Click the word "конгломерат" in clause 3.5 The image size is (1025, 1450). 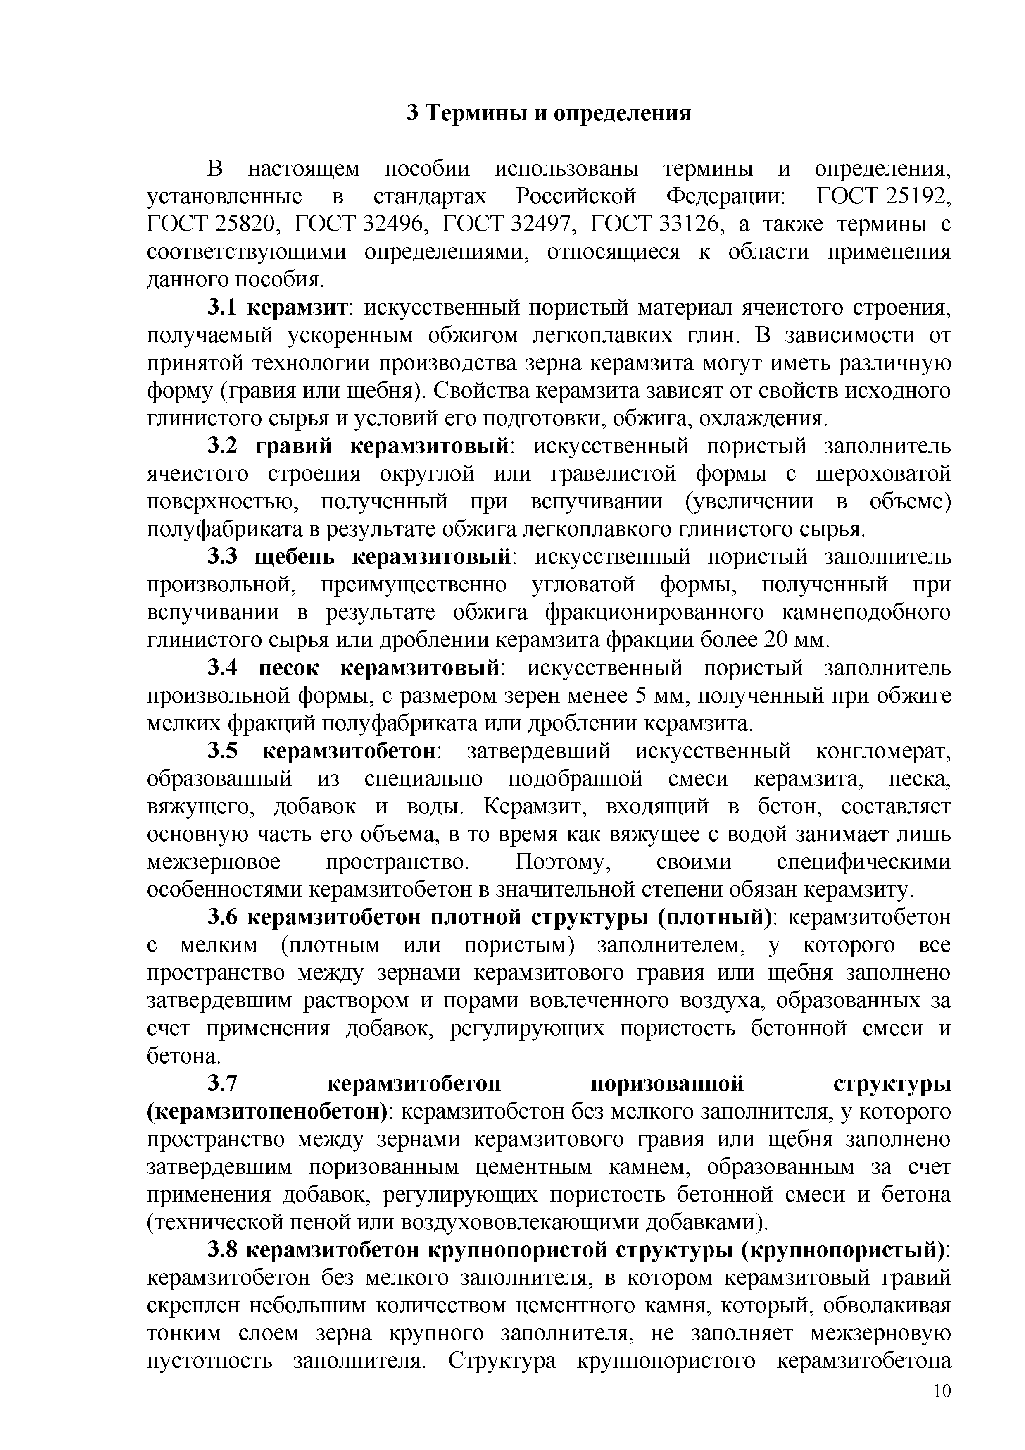882,751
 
